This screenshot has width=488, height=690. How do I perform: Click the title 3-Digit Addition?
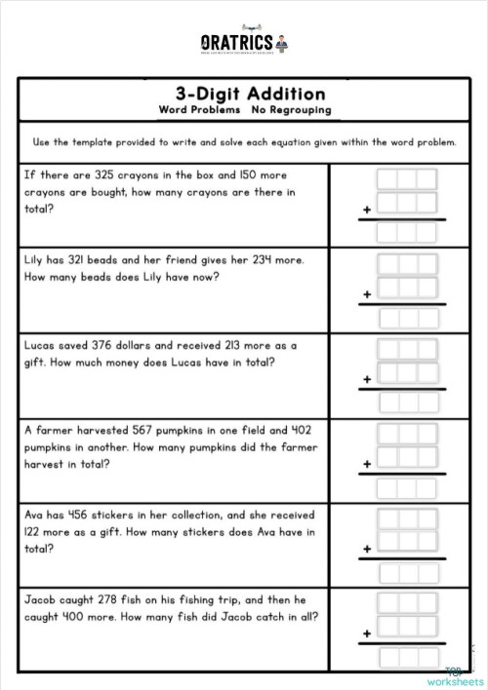pyautogui.click(x=250, y=95)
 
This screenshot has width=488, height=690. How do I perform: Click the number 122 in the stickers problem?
pyautogui.click(x=35, y=531)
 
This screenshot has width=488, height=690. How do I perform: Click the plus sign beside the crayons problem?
pyautogui.click(x=368, y=209)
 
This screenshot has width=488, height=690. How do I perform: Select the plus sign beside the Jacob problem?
pyautogui.click(x=368, y=633)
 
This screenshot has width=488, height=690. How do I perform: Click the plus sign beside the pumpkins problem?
pyautogui.click(x=368, y=464)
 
